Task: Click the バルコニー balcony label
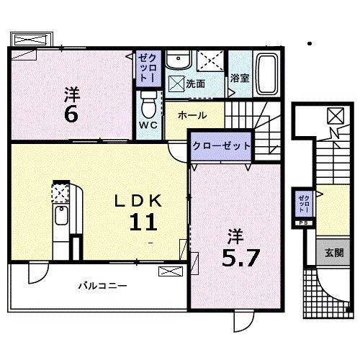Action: pos(102,286)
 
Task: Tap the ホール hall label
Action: pos(192,115)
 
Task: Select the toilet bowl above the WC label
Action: pos(148,106)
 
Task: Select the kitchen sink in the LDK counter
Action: pos(61,215)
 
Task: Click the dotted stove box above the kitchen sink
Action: pos(60,192)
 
